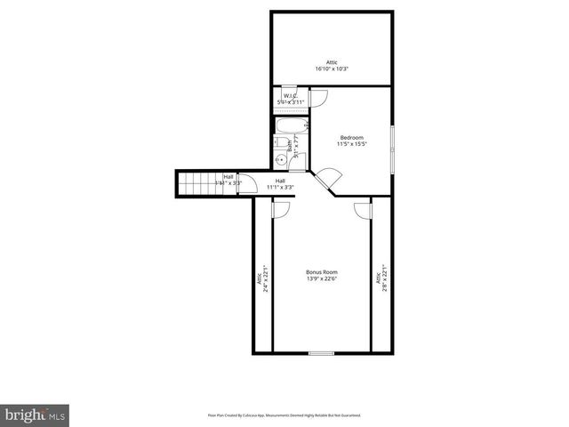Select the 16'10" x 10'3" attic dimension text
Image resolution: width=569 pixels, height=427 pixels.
click(332, 68)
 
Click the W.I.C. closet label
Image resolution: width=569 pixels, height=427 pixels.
click(290, 95)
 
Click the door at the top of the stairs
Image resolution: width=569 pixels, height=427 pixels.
click(250, 183)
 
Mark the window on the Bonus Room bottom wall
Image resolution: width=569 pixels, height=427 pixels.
click(321, 353)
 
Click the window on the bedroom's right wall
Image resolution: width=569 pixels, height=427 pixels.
click(392, 151)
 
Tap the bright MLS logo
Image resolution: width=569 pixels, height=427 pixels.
click(36, 415)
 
